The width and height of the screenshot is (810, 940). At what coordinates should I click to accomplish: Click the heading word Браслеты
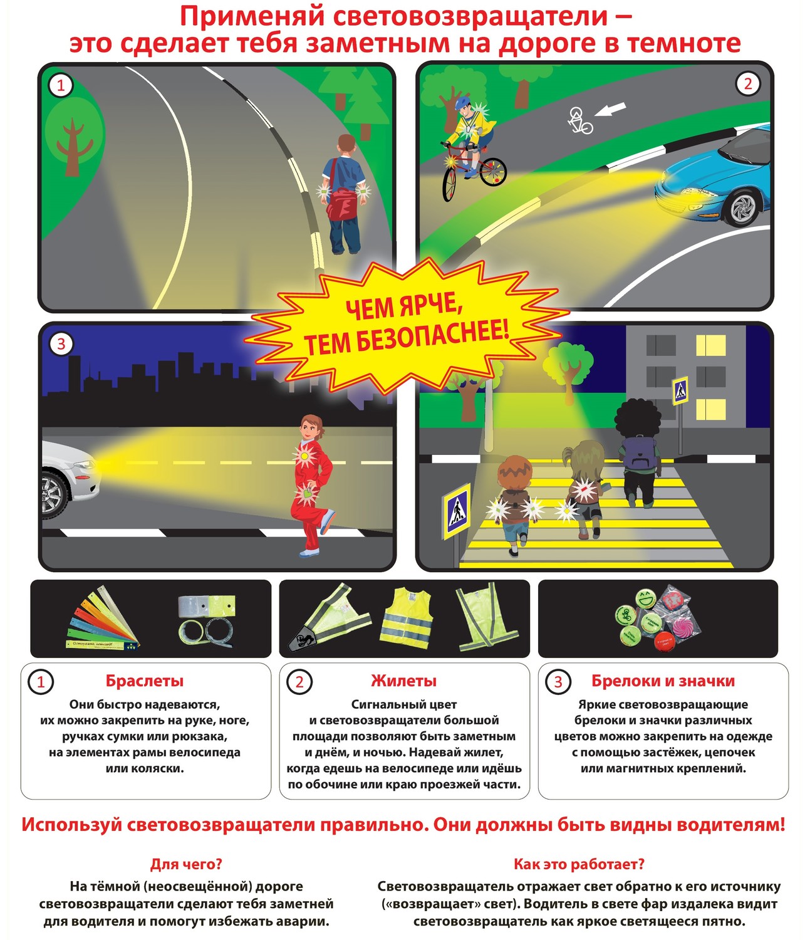click(x=145, y=681)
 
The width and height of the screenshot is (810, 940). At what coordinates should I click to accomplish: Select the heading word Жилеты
click(x=403, y=681)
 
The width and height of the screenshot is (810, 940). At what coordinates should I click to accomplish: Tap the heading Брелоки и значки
click(x=663, y=681)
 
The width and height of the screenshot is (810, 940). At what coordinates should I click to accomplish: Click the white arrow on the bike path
click(x=610, y=110)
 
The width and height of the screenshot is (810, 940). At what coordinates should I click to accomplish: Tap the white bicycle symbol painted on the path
click(x=579, y=120)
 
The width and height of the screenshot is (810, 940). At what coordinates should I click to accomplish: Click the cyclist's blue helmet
click(x=463, y=103)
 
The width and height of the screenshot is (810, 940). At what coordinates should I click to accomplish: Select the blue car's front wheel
click(x=744, y=209)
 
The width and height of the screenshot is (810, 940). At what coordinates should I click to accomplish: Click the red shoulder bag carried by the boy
click(x=342, y=204)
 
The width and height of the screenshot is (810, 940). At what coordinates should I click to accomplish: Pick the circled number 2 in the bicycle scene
click(x=748, y=84)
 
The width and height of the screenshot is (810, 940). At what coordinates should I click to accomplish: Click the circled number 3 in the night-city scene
click(x=61, y=344)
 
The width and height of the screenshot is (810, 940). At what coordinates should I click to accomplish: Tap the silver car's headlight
click(x=85, y=465)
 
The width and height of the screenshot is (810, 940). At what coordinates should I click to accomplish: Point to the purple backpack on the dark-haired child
click(x=639, y=453)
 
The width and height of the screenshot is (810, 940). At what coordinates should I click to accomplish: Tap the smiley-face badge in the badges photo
click(x=645, y=598)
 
